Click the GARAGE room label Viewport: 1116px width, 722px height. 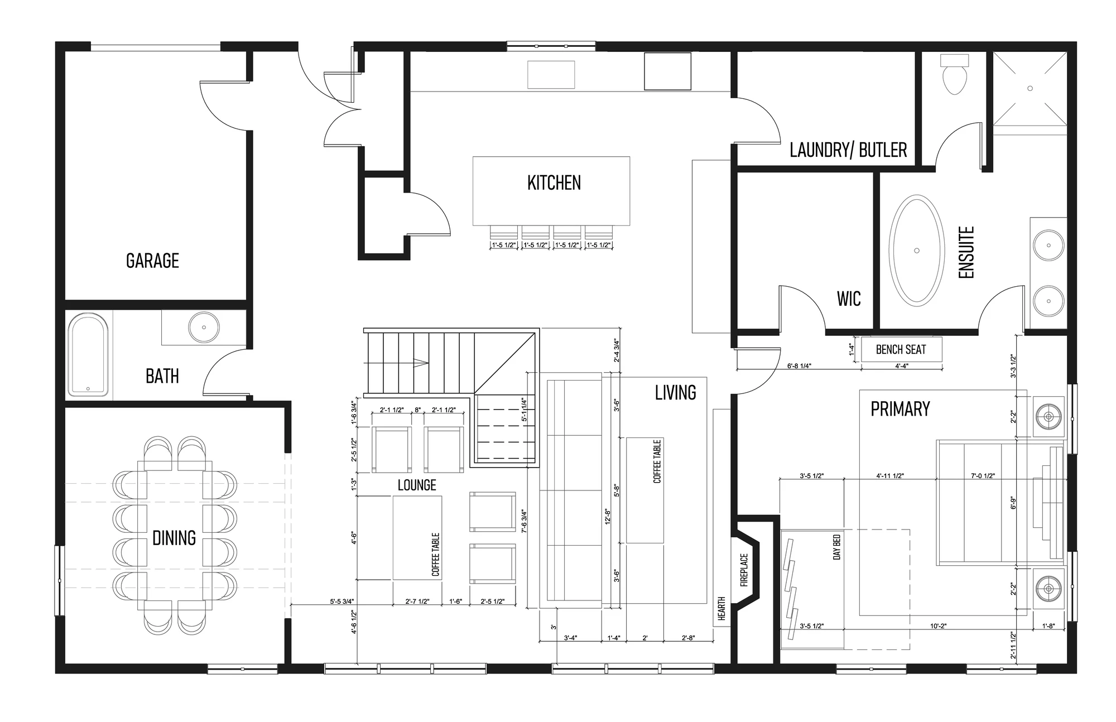pyautogui.click(x=152, y=261)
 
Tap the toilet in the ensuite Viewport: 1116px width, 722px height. pyautogui.click(x=954, y=74)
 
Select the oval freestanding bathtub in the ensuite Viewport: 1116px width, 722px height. pyautogui.click(x=916, y=251)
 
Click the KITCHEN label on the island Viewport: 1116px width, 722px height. pyautogui.click(x=554, y=182)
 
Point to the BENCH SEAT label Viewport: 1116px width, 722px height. pyautogui.click(x=901, y=350)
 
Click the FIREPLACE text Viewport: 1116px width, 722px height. pyautogui.click(x=744, y=570)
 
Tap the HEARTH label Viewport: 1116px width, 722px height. pyautogui.click(x=721, y=609)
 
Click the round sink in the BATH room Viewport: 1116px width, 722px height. pyautogui.click(x=204, y=327)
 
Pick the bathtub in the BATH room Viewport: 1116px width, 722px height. pyautogui.click(x=88, y=355)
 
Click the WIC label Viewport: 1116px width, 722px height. pyautogui.click(x=849, y=299)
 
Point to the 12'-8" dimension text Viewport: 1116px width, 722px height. pyautogui.click(x=608, y=516)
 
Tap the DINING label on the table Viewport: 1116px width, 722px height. pyautogui.click(x=174, y=538)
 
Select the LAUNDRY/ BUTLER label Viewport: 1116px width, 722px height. pyautogui.click(x=848, y=150)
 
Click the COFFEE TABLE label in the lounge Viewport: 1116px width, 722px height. pyautogui.click(x=436, y=554)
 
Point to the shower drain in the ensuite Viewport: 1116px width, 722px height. pyautogui.click(x=1030, y=88)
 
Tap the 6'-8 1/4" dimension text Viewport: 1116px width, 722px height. pyautogui.click(x=799, y=366)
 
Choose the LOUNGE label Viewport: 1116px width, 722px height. pyautogui.click(x=417, y=485)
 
